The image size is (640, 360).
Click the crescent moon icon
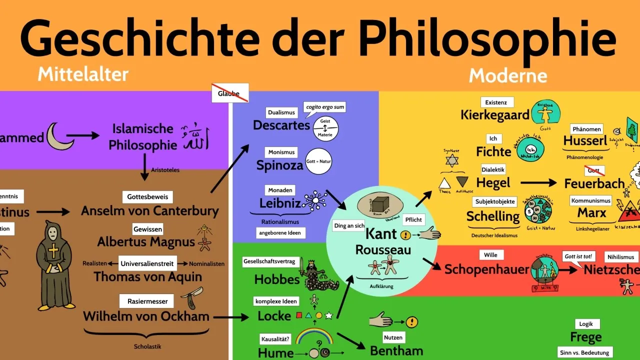click(x=59, y=137)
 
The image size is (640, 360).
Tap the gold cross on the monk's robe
click(x=54, y=252)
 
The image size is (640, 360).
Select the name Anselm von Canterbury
click(x=150, y=211)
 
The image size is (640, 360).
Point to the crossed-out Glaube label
click(x=229, y=93)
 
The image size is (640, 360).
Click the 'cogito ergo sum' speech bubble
click(x=325, y=107)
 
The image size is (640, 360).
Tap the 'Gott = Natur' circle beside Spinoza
click(x=319, y=161)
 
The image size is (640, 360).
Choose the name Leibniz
click(x=280, y=203)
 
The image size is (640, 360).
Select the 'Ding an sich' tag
click(x=349, y=225)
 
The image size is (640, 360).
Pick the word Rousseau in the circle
click(x=382, y=249)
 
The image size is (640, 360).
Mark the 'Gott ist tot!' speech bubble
click(x=578, y=256)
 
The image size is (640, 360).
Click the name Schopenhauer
click(x=486, y=269)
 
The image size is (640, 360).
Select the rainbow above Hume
click(x=314, y=336)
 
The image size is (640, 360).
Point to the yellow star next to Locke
click(x=328, y=315)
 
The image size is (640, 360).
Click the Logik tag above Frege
click(x=585, y=323)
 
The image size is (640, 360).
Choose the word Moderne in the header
click(x=507, y=76)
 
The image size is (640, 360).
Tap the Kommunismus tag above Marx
click(x=590, y=200)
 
